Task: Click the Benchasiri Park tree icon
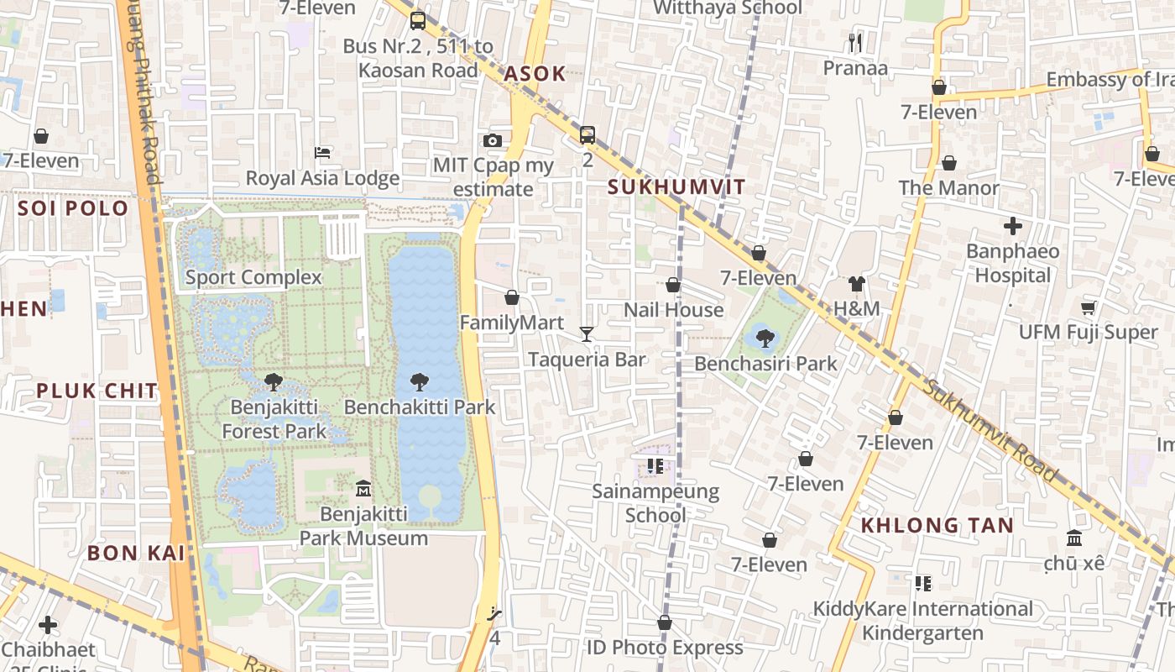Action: tap(765, 339)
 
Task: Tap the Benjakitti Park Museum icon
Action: tap(363, 488)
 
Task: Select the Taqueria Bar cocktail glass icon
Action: tap(587, 334)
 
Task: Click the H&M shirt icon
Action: tap(856, 284)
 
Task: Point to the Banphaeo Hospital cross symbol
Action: tap(1013, 226)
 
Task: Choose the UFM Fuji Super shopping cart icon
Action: tap(1089, 307)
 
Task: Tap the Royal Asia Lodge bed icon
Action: tap(322, 153)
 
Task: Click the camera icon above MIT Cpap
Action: tap(493, 140)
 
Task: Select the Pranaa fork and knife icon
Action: tap(855, 43)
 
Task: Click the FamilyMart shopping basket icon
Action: tap(512, 297)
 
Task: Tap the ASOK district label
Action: tap(535, 74)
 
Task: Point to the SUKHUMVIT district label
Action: tap(676, 187)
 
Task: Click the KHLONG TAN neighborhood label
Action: tap(937, 526)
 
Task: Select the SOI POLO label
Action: tap(73, 208)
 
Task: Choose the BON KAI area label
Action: tap(136, 553)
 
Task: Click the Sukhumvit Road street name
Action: tap(990, 430)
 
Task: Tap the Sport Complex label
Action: tap(253, 277)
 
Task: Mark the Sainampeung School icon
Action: tap(655, 465)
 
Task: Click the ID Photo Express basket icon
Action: tap(665, 622)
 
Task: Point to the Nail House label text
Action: tap(673, 310)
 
